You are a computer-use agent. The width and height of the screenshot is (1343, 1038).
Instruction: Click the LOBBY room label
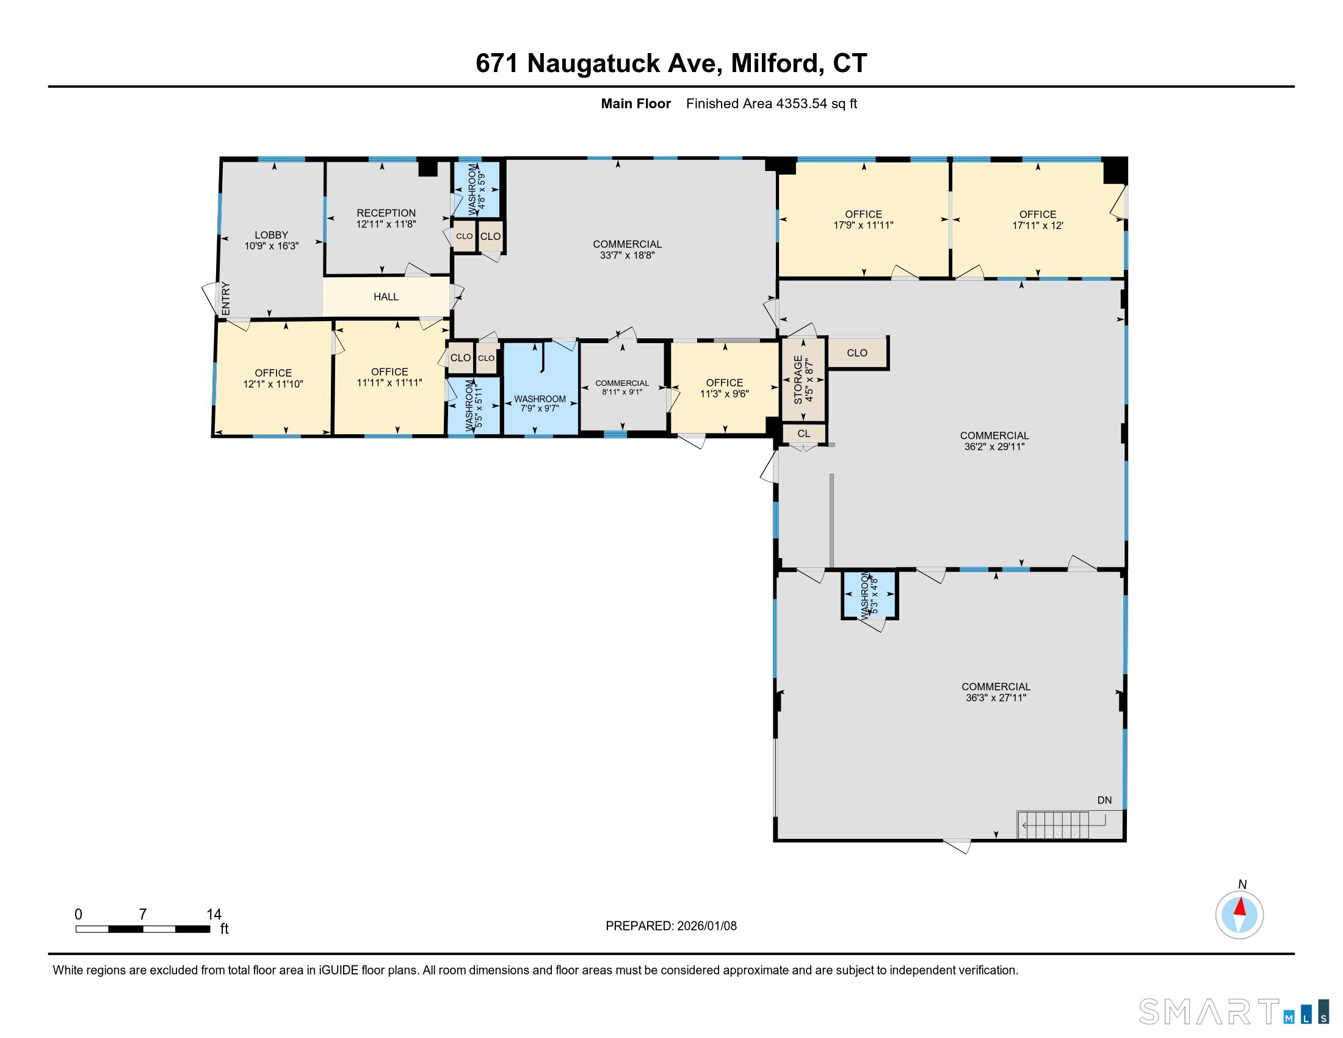271,235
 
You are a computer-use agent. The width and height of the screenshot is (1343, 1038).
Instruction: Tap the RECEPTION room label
386,212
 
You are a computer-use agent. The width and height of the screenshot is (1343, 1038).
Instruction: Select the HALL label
386,297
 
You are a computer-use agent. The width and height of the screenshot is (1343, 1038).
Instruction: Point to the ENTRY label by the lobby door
226,299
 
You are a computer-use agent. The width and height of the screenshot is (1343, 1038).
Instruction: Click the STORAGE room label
798,379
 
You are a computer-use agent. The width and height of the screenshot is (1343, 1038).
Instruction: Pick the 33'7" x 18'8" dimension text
627,255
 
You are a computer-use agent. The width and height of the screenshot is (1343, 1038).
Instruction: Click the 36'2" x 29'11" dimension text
994,447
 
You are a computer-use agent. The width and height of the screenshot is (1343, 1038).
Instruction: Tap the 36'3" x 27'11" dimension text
996,698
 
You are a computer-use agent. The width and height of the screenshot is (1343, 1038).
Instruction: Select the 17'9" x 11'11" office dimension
863,225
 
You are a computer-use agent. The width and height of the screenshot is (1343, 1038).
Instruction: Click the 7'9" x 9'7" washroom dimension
540,408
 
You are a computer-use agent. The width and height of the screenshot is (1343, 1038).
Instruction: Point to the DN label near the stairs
1104,800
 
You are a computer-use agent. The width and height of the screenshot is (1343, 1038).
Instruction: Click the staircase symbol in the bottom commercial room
1062,825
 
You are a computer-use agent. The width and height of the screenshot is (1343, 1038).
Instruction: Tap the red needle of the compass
1240,907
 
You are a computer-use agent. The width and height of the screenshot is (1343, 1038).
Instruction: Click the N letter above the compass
1242,884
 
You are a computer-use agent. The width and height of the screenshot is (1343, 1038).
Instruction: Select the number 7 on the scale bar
143,915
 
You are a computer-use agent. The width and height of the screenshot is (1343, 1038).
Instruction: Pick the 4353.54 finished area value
802,103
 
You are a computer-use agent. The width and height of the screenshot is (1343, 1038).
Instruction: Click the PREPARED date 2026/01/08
706,926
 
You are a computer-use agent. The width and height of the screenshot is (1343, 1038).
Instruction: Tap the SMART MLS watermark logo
1234,1012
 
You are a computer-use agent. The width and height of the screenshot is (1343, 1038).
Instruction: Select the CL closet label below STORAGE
804,434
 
